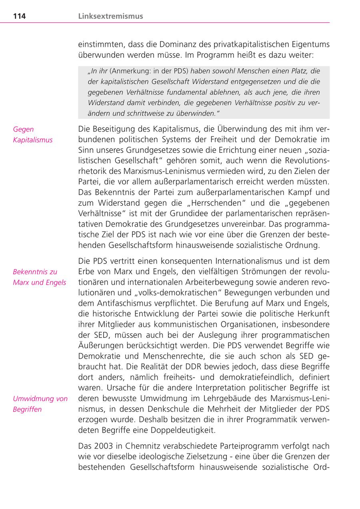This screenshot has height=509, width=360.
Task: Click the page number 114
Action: (20, 16)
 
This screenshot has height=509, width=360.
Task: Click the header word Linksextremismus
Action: (111, 16)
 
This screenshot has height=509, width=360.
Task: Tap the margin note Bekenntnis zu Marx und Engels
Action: (39, 277)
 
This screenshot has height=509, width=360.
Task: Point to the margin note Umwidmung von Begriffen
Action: (40, 404)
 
